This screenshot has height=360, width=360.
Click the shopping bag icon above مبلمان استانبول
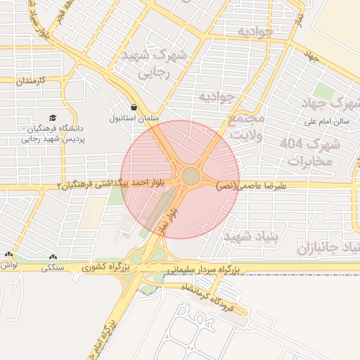[x=134, y=107]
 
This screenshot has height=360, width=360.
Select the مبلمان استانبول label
[x=134, y=118]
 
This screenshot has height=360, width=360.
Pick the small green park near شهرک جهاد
[x=324, y=91]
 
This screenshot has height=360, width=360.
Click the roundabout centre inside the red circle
[x=191, y=176]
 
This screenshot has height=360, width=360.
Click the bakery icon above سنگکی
[x=54, y=257]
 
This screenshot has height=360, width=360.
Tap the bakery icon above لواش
[x=8, y=256]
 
